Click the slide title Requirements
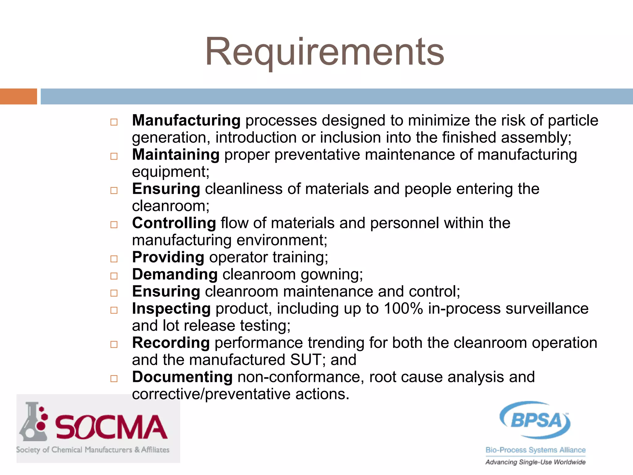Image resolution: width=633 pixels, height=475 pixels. (x=325, y=52)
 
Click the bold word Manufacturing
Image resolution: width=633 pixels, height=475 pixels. (x=186, y=120)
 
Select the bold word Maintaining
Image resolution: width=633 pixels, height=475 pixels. (x=176, y=155)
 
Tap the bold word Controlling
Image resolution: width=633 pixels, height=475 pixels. (x=174, y=223)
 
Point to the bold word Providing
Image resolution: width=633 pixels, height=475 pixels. (x=168, y=257)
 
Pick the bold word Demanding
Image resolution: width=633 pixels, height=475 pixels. (x=175, y=274)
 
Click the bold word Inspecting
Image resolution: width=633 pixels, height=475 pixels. (x=171, y=309)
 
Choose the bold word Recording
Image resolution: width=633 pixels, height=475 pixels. (x=171, y=343)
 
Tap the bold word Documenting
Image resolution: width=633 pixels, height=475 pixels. (x=182, y=377)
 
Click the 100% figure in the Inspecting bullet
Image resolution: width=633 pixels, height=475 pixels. (x=403, y=309)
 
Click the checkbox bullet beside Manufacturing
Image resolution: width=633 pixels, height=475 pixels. (x=114, y=122)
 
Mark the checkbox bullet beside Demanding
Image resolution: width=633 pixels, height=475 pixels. (x=114, y=276)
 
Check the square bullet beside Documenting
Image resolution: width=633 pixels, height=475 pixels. (x=114, y=379)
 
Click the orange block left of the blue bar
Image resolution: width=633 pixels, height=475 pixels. (x=18, y=96)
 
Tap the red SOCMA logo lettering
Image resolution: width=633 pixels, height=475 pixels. (x=111, y=427)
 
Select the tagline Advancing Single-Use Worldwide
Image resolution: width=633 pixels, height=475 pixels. (x=535, y=462)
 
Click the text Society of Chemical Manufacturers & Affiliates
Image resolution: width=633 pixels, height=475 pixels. (x=93, y=450)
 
